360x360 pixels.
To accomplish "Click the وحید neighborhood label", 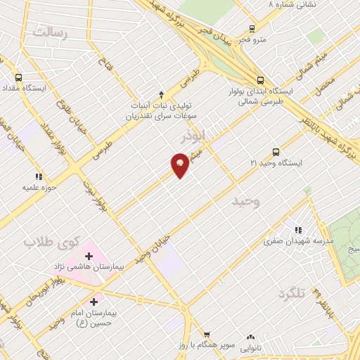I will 247,202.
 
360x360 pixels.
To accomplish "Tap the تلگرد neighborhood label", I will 292,293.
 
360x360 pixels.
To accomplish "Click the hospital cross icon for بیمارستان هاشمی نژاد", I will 89,255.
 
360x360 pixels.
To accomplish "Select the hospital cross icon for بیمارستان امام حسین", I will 94,301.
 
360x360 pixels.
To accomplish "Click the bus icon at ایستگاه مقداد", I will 18,78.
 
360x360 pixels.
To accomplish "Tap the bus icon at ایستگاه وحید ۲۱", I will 275,151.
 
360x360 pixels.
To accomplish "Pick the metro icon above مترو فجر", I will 252,30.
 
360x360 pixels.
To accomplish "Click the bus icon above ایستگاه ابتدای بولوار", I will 260,80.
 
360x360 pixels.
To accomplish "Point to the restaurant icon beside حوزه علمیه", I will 38,176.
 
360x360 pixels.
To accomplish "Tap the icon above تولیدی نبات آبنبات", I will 161,94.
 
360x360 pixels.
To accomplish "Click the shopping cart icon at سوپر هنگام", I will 207,335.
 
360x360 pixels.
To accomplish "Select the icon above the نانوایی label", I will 250,337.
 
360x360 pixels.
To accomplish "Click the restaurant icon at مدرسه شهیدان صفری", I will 299,230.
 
